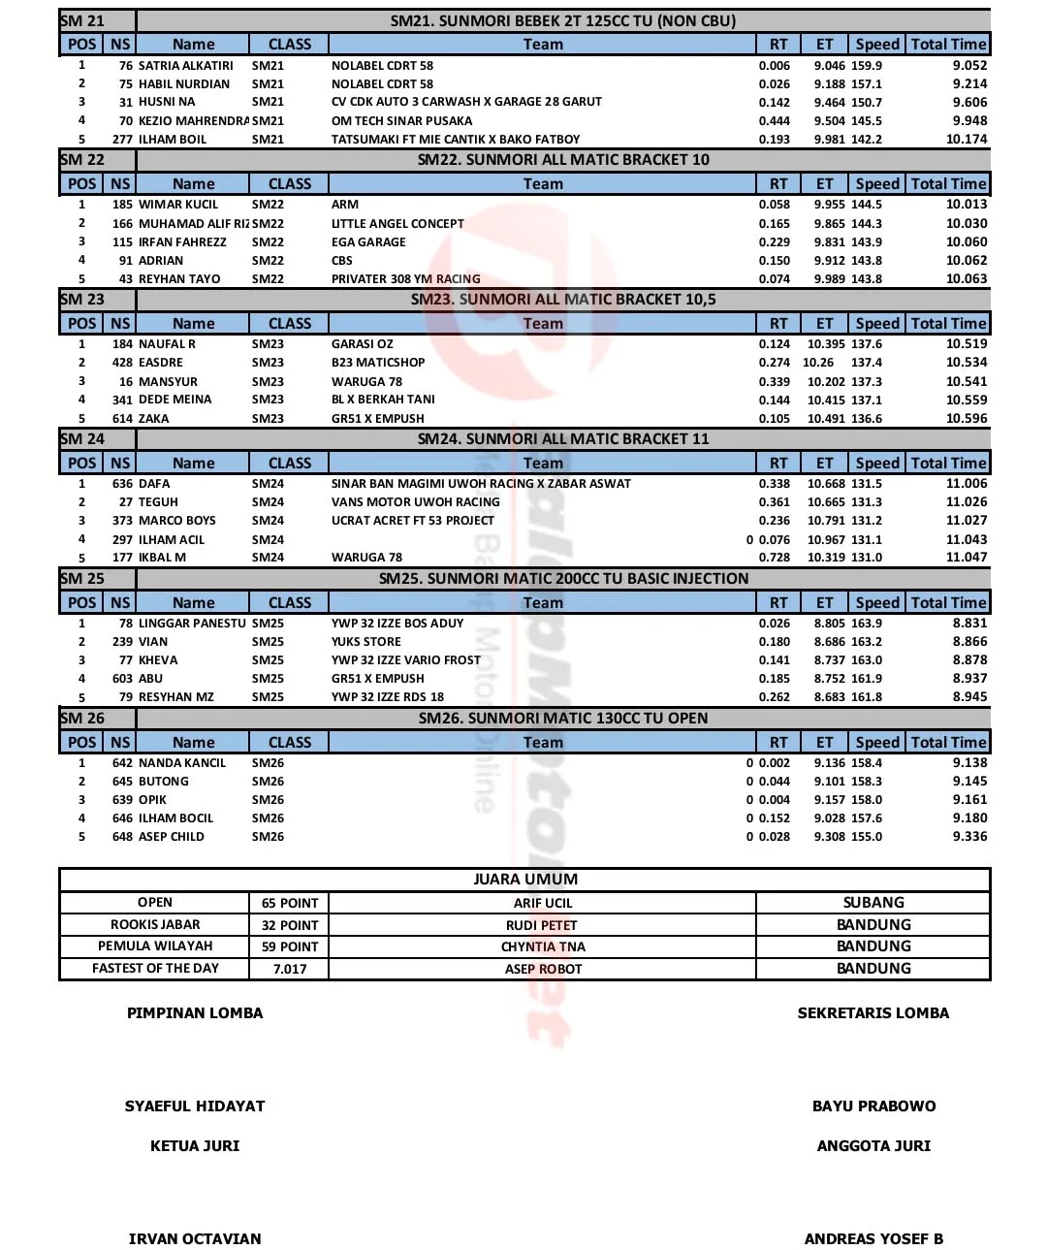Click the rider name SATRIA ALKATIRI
(x=185, y=66)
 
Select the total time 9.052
(x=968, y=66)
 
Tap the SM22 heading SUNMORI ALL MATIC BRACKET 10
(x=562, y=160)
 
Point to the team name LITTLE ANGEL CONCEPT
(x=397, y=224)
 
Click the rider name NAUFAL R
(x=167, y=344)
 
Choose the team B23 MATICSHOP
(x=378, y=363)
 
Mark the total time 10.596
(x=966, y=419)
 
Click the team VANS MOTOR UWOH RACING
(x=415, y=502)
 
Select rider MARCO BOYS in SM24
(x=176, y=521)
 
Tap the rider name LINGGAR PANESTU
(x=192, y=624)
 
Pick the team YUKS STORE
(x=365, y=642)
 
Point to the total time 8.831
(x=968, y=624)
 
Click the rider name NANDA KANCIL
(x=181, y=763)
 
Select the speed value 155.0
(x=867, y=837)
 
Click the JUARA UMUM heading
(x=524, y=880)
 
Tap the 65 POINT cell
(x=289, y=903)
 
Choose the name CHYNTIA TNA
(x=542, y=946)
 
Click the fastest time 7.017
(x=289, y=969)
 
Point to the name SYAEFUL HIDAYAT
(x=194, y=1106)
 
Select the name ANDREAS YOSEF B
(x=872, y=1239)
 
